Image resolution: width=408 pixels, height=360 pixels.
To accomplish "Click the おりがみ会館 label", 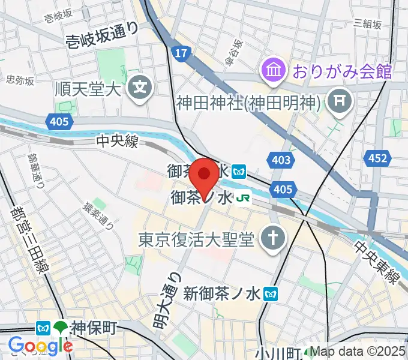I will pyautogui.click(x=342, y=72).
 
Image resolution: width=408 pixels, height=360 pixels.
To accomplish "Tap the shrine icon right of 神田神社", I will pyautogui.click(x=341, y=102).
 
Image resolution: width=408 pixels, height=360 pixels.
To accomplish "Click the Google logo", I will pyautogui.click(x=40, y=346).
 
